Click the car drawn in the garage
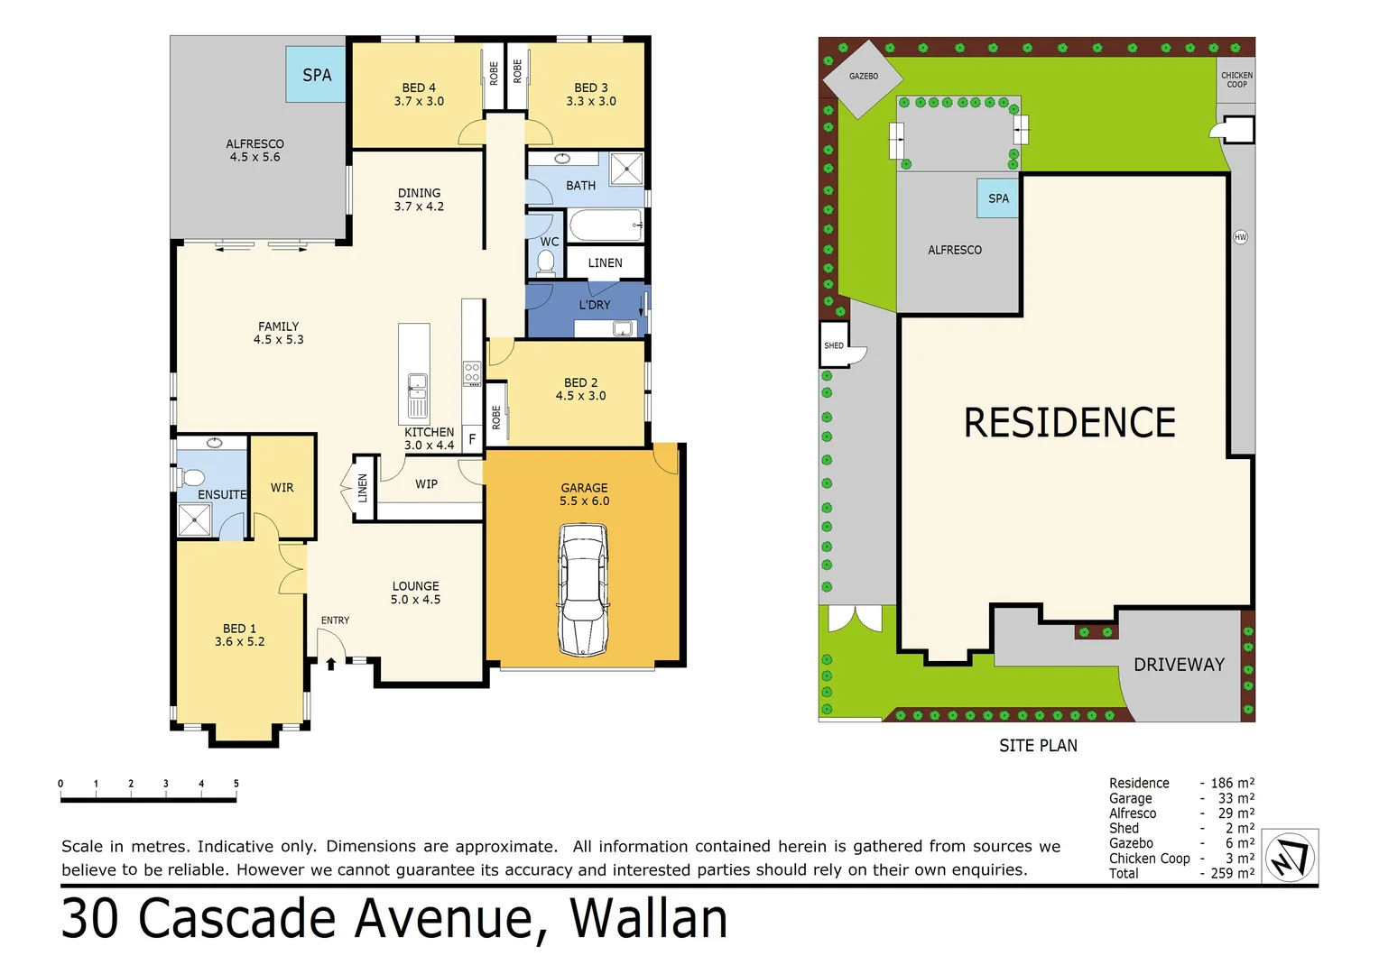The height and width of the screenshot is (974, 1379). click(x=583, y=591)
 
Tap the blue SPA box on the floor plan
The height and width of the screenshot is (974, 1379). click(x=316, y=75)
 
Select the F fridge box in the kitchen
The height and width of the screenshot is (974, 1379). click(x=472, y=439)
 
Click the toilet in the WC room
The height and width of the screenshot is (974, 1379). click(x=546, y=262)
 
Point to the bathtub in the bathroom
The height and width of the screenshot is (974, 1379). click(x=606, y=225)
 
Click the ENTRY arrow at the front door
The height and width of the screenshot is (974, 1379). click(x=331, y=663)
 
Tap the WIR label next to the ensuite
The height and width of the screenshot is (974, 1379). click(x=282, y=488)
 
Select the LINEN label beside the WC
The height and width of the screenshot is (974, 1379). click(x=605, y=263)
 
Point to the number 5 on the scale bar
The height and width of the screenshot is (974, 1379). click(x=236, y=784)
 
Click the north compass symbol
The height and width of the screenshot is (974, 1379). click(x=1290, y=857)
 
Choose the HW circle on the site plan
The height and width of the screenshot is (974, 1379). click(x=1240, y=237)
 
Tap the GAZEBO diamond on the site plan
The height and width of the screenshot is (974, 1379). click(x=863, y=78)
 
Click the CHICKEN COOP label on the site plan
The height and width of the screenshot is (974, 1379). click(x=1236, y=80)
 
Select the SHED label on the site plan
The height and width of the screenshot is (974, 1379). click(x=834, y=345)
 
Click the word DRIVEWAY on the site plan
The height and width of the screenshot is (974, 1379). click(x=1179, y=665)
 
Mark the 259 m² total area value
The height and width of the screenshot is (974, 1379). click(x=1232, y=873)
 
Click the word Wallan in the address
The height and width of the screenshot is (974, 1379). click(x=648, y=919)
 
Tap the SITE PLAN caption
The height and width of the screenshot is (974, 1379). click(x=1038, y=746)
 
